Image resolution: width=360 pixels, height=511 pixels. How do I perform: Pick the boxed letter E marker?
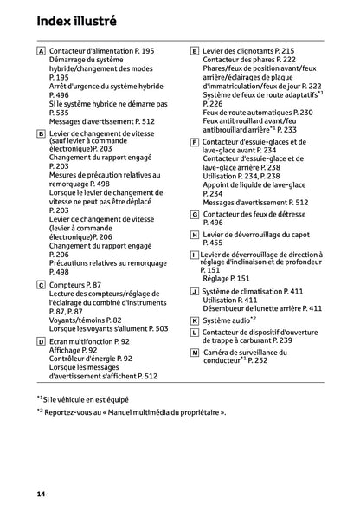pos(194,52)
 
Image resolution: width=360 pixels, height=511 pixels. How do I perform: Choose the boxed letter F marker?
pos(194,142)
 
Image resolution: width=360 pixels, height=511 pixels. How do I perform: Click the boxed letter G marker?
pos(194,213)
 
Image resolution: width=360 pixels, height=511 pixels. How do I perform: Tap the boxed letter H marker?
pos(194,235)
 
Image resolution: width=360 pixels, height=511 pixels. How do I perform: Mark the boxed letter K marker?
pos(194,320)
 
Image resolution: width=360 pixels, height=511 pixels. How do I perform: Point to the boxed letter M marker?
pos(194,356)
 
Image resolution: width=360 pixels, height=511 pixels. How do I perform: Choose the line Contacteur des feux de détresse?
pos(259,213)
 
